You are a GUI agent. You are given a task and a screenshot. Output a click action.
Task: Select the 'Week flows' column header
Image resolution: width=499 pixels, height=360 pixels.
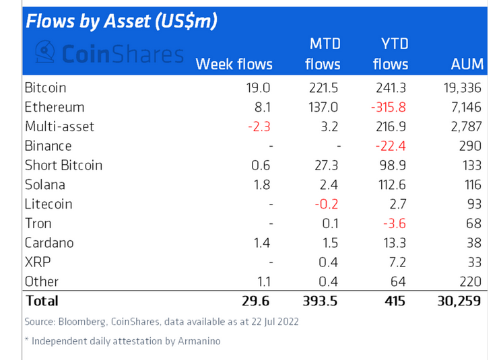[x=234, y=64]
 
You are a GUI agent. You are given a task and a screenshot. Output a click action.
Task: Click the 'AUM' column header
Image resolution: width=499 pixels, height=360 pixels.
[x=467, y=64]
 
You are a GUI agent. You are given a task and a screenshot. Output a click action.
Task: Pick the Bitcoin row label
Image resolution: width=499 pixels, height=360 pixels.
[x=45, y=87]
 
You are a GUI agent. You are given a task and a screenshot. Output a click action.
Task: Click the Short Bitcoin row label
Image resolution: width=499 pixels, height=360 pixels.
[x=63, y=165]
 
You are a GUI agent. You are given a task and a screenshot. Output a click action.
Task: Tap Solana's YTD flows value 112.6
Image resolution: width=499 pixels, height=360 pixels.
[x=391, y=184]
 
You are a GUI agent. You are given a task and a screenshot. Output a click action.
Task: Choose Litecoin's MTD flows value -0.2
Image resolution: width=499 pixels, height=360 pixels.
[x=329, y=204]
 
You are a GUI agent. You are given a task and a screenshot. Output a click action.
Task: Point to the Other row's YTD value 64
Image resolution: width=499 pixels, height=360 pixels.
[x=399, y=281]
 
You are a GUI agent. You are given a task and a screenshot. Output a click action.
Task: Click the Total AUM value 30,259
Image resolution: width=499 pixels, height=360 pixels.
[x=458, y=301]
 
